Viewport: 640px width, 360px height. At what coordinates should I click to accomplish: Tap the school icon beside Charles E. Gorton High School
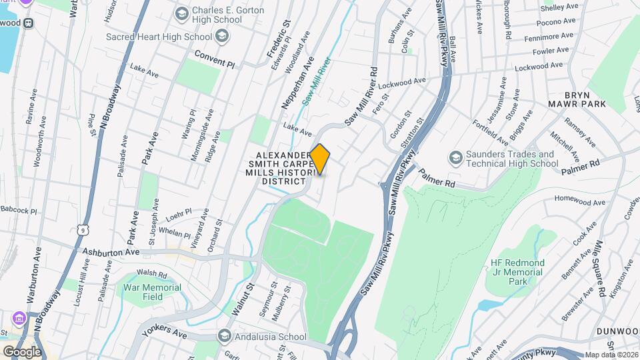(181, 14)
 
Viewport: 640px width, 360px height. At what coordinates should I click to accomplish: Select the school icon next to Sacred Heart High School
(222, 35)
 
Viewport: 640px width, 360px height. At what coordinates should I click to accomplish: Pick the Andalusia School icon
(224, 336)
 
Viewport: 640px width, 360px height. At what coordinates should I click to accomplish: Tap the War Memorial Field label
(152, 291)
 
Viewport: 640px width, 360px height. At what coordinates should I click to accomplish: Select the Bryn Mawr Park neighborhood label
(577, 99)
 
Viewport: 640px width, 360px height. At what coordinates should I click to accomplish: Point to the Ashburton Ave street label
(111, 252)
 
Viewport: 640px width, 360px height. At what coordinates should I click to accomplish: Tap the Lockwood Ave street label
(402, 83)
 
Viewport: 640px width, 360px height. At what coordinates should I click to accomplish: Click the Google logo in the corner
(22, 351)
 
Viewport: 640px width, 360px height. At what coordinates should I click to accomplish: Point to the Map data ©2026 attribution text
(611, 355)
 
